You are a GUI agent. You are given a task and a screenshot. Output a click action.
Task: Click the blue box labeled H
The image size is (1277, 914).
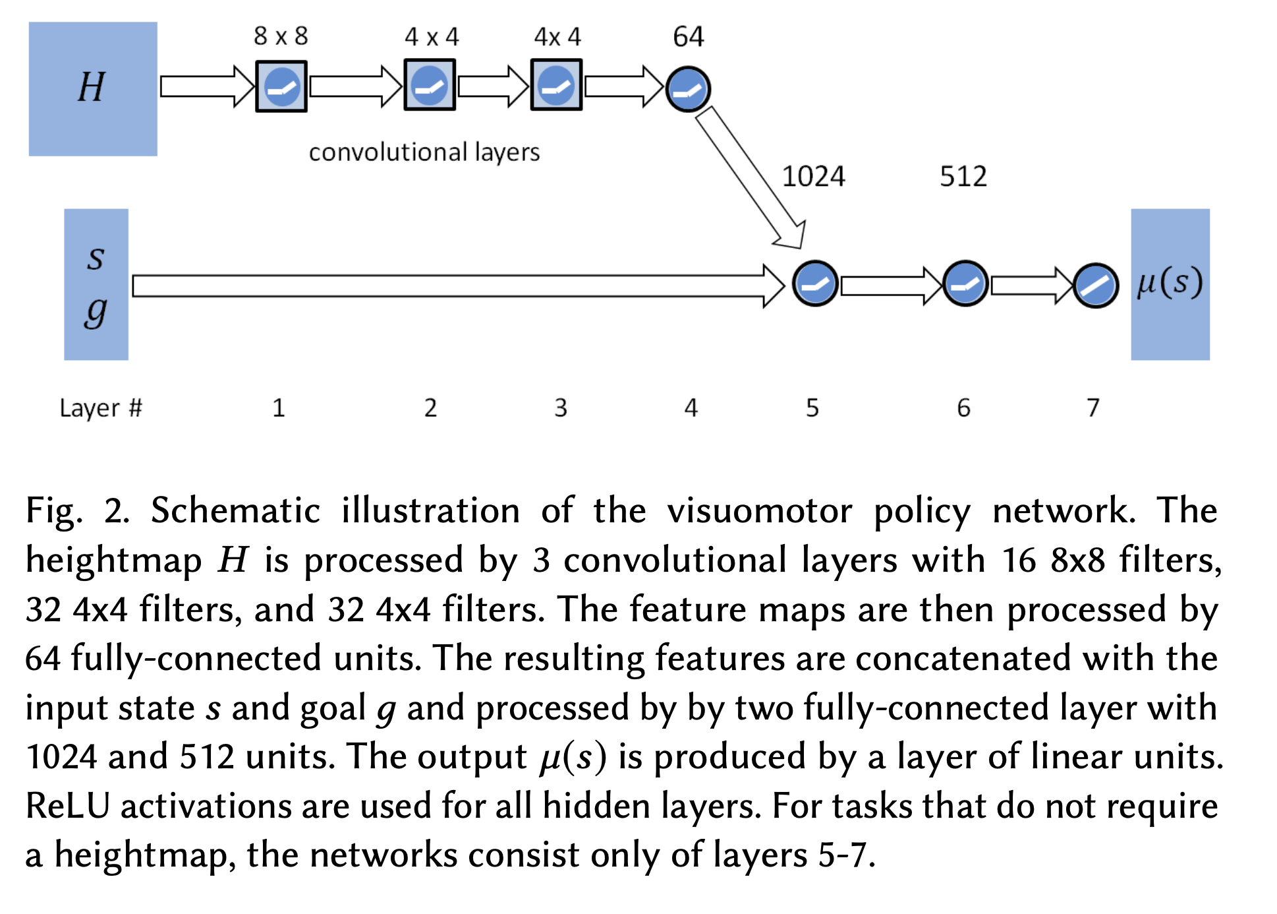tap(93, 89)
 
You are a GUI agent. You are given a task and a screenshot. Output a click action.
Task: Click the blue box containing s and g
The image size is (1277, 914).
tap(96, 284)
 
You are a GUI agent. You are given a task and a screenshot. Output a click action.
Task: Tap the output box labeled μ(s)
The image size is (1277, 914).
tap(1170, 284)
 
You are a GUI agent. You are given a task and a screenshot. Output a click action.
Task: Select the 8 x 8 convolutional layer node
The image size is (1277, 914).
tap(281, 86)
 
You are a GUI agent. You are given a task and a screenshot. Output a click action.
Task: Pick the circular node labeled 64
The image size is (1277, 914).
tap(688, 89)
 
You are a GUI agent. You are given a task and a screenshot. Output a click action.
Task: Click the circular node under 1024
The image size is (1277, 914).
tap(815, 284)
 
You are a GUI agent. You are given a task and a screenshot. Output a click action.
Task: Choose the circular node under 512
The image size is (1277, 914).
tap(965, 284)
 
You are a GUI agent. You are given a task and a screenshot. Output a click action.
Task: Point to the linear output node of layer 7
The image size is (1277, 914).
tap(1096, 286)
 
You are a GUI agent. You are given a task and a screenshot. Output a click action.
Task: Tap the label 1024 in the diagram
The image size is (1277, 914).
tap(813, 177)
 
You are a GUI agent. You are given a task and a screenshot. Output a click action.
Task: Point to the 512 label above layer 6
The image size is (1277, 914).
tap(963, 177)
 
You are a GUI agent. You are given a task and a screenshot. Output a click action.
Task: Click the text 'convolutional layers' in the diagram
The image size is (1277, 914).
tap(424, 152)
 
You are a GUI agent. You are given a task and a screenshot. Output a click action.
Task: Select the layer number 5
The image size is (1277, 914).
tap(812, 408)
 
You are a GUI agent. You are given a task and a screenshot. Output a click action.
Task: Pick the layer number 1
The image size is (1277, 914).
tap(279, 408)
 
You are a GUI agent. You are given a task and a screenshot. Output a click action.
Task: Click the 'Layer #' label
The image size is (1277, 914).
tap(101, 408)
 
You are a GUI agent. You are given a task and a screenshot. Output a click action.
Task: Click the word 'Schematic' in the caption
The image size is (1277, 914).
tap(235, 511)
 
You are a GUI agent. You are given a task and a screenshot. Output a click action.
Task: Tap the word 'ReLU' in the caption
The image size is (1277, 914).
tap(67, 806)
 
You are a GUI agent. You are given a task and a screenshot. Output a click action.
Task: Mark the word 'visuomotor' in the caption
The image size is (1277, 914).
tap(760, 511)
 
